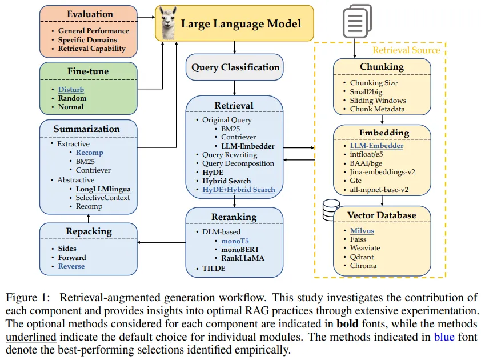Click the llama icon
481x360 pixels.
click(x=169, y=24)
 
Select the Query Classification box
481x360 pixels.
click(x=235, y=67)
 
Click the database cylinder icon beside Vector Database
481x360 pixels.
click(x=331, y=210)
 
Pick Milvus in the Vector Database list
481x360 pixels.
click(x=362, y=230)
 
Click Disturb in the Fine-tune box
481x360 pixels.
click(x=70, y=89)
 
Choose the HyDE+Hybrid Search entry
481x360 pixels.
click(x=238, y=190)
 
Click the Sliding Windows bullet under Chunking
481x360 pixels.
click(x=378, y=100)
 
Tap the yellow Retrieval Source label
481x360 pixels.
click(x=406, y=50)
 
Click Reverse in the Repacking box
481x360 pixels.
click(x=71, y=266)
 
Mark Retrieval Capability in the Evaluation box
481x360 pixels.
click(x=91, y=49)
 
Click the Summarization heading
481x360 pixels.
click(x=87, y=129)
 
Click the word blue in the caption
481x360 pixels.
click(x=444, y=337)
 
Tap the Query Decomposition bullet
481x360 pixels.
click(x=237, y=163)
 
